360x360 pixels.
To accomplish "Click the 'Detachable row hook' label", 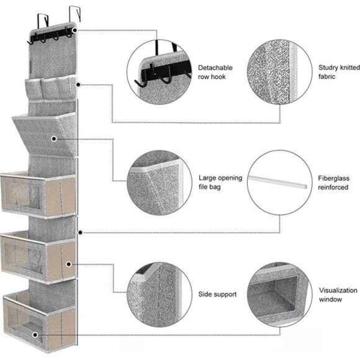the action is point(215,72).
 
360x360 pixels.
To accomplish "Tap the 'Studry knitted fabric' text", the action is point(339,72).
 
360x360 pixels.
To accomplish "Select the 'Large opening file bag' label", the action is point(220,182).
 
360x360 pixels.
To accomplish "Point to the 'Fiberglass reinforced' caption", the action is point(333,182).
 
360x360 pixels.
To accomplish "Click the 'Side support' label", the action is point(217,294).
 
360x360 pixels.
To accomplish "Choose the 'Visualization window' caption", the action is point(338,295).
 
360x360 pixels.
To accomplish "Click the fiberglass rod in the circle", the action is point(277,182).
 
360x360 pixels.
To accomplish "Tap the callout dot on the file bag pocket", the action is point(54,138).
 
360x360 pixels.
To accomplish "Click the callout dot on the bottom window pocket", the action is point(35,335).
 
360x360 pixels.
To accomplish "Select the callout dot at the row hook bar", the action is point(74,30).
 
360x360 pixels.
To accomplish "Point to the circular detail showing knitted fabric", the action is point(280,72).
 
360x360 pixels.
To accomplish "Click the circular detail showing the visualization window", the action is point(280,295).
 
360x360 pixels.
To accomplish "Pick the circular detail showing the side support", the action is point(160,295).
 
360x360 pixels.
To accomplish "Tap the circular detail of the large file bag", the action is point(160,182).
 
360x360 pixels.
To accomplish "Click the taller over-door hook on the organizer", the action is point(75,14).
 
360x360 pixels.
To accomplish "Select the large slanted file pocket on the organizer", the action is point(45,135).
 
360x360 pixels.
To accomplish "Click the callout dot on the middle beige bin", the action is point(68,264).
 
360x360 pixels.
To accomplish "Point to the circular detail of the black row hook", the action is point(160,72).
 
